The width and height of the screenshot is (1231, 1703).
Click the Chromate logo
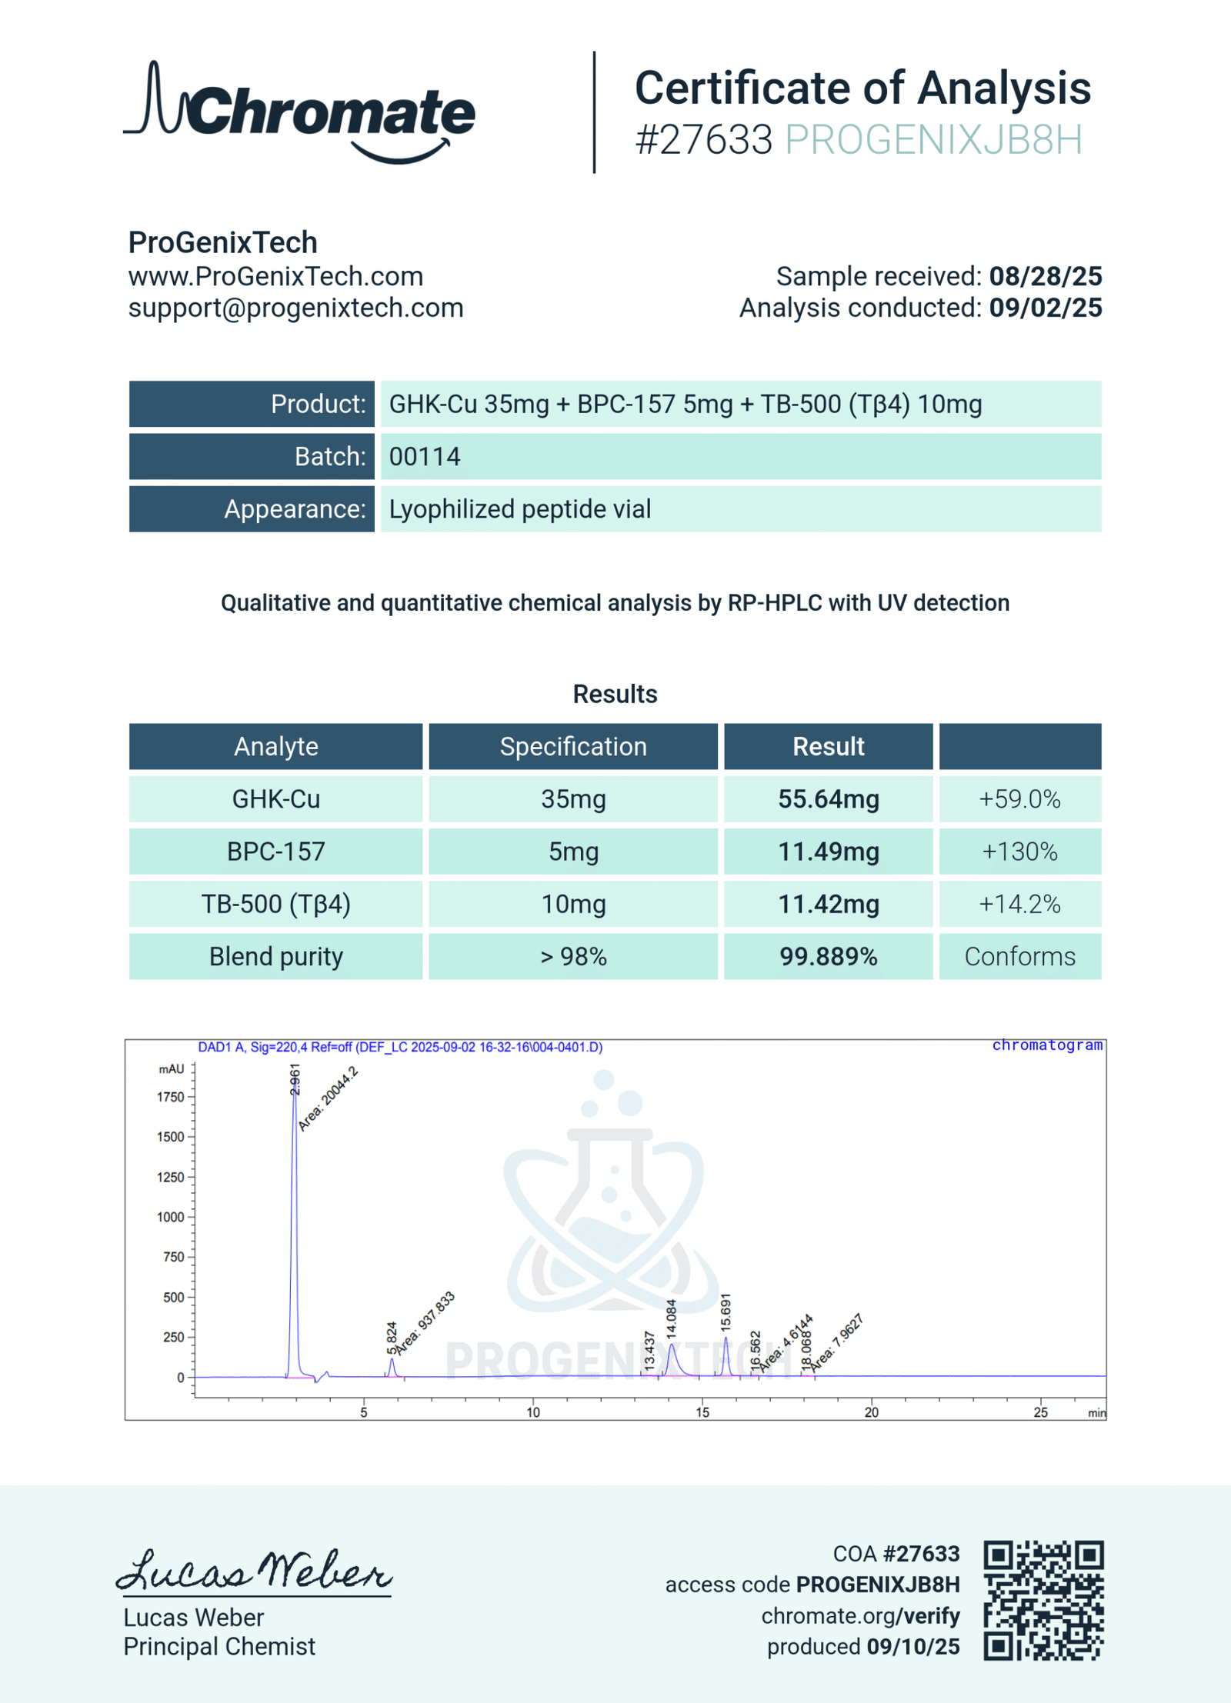click(300, 113)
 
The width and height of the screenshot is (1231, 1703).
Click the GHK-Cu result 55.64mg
click(828, 799)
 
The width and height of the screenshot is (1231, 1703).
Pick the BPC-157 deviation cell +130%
click(1019, 851)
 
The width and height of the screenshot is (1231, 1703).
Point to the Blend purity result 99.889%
click(828, 956)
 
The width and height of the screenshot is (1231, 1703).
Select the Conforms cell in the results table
click(1019, 956)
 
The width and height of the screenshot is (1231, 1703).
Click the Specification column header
click(573, 746)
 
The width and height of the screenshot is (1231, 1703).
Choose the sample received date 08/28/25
click(1045, 276)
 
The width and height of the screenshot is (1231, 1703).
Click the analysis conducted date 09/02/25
click(1045, 308)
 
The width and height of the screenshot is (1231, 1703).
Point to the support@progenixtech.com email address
click(295, 308)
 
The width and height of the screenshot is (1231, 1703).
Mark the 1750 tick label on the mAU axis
click(171, 1097)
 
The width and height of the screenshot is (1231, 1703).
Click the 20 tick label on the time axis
click(871, 1412)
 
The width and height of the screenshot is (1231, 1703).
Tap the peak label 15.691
click(726, 1312)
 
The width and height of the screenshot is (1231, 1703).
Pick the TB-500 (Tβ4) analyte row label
click(275, 904)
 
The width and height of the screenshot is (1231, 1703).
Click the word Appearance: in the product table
click(295, 509)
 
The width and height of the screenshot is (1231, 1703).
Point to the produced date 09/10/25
click(913, 1647)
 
